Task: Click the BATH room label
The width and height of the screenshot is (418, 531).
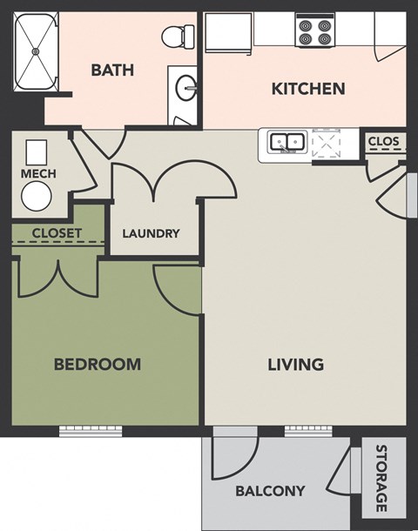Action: pos(112,70)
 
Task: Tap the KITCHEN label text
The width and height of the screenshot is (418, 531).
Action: pos(308,88)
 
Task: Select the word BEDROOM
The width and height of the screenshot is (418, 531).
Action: pos(98,364)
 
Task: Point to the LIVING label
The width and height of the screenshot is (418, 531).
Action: pos(295,364)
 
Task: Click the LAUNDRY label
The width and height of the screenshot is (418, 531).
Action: pos(151,233)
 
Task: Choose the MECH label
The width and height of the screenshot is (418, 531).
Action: pos(38,174)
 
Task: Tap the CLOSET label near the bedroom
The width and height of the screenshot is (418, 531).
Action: pos(57,233)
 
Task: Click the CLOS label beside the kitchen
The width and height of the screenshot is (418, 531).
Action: pos(383,141)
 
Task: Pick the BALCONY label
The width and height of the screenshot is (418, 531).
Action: pos(270,491)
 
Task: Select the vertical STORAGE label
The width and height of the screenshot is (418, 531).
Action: pos(381,479)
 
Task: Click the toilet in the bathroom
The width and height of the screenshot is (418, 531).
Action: pos(178,36)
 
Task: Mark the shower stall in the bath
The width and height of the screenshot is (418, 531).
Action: pos(36,52)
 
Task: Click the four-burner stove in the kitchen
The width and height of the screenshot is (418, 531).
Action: pos(315,31)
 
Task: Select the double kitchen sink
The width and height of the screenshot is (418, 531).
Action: pos(286,142)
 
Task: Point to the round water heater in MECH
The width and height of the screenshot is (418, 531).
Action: pos(37,198)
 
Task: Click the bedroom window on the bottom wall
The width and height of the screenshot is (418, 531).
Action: pos(91,429)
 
